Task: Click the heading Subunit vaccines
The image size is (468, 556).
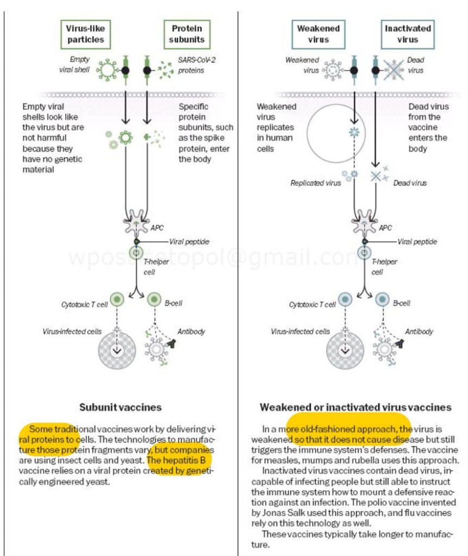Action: pos(120,407)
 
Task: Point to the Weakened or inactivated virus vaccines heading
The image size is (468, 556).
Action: pos(355,407)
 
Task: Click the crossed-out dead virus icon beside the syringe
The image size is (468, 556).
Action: pos(394,70)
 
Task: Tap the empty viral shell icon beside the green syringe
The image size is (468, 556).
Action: pos(108,69)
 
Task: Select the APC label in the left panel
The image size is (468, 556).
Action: pos(157,228)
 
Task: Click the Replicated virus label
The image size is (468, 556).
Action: pos(316,183)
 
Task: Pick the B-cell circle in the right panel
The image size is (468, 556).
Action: pos(382,300)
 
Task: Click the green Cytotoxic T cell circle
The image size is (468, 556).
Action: pos(117,300)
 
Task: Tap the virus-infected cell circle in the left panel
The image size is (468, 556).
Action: pos(117,350)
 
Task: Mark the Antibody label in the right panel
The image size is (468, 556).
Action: pos(419,332)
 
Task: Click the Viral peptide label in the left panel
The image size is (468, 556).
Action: pos(189,242)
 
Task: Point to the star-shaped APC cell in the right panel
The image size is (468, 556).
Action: pos(364,222)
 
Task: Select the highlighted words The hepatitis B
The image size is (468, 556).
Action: pos(176,460)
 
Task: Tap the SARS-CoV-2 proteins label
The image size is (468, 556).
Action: pos(196,65)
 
